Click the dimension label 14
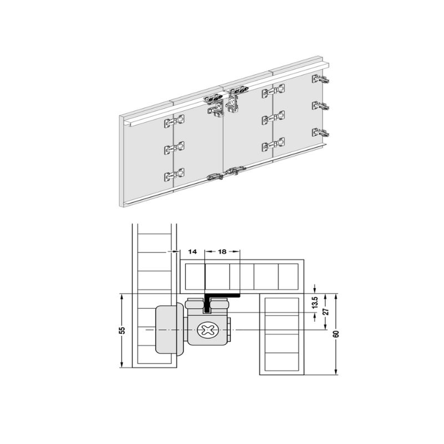click(192, 251)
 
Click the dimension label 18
click(223, 251)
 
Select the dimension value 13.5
click(315, 302)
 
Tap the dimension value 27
click(326, 311)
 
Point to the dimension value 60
click(336, 334)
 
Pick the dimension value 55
click(122, 330)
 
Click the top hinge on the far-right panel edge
click(321, 79)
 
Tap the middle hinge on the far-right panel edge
click(321, 106)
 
